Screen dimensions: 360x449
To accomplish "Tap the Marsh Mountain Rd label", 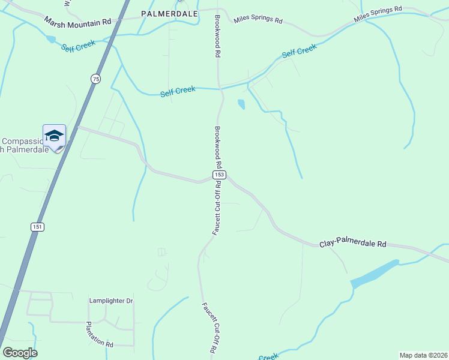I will (78, 21).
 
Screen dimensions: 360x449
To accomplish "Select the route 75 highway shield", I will (95, 79).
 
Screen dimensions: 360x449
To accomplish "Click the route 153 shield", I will (219, 175).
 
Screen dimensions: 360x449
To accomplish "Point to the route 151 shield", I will (37, 226).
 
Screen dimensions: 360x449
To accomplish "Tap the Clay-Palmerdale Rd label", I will (353, 244).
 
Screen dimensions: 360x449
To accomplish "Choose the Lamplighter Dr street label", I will (110, 301).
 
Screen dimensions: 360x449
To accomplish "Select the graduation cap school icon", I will (54, 135).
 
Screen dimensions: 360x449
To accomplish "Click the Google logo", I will (20, 353).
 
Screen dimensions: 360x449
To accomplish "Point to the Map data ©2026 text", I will (424, 355).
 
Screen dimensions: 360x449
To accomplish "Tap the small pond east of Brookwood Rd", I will (241, 104).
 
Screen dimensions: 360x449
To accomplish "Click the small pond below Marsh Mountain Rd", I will (50, 39).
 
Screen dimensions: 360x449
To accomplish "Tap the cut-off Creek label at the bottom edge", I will (269, 357).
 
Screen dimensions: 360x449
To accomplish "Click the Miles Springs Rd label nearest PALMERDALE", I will (258, 20).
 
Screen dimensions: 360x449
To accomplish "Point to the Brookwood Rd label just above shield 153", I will (218, 147).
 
